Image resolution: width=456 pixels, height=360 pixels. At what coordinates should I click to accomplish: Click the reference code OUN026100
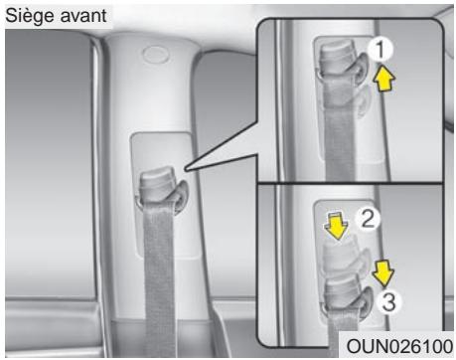click(396, 346)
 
